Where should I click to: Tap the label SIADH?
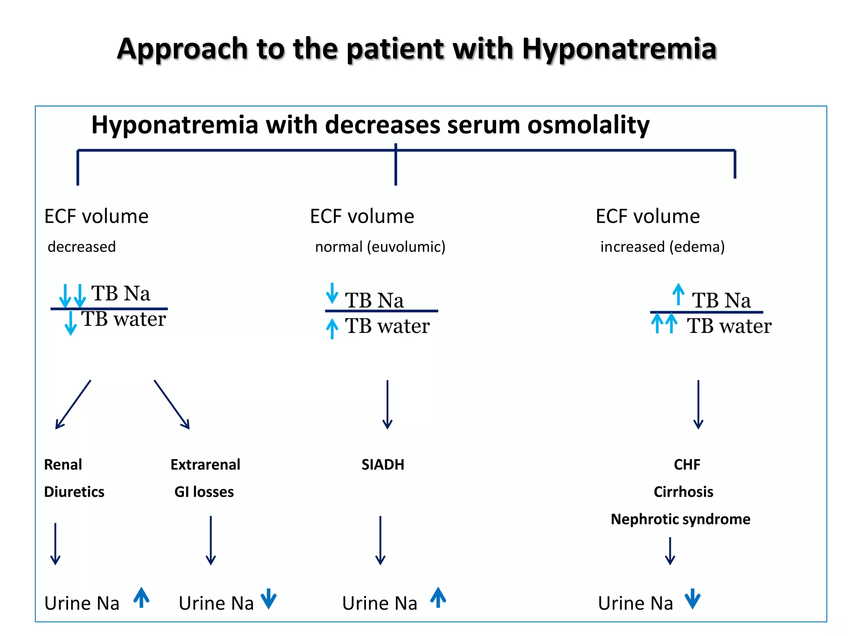(x=383, y=465)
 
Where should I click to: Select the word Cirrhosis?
(x=683, y=492)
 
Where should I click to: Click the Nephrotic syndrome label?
(x=680, y=519)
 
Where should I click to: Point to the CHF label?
(x=687, y=465)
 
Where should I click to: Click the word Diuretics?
(x=74, y=492)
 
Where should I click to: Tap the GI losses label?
(x=204, y=492)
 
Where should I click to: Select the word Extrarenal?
(x=205, y=465)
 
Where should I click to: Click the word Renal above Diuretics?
(x=63, y=465)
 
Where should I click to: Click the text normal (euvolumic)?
(x=380, y=247)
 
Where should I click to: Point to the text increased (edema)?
(x=662, y=247)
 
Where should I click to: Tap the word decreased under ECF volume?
(x=82, y=247)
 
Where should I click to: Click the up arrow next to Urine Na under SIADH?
(x=438, y=597)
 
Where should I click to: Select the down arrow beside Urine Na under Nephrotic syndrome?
(x=692, y=599)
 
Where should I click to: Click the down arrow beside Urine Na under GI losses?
(x=269, y=599)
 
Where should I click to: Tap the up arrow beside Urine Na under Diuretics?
(x=142, y=597)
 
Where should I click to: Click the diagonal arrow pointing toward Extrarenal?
(x=172, y=404)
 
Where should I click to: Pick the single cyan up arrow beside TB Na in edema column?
(x=678, y=294)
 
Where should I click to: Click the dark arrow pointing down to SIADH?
(x=387, y=404)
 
